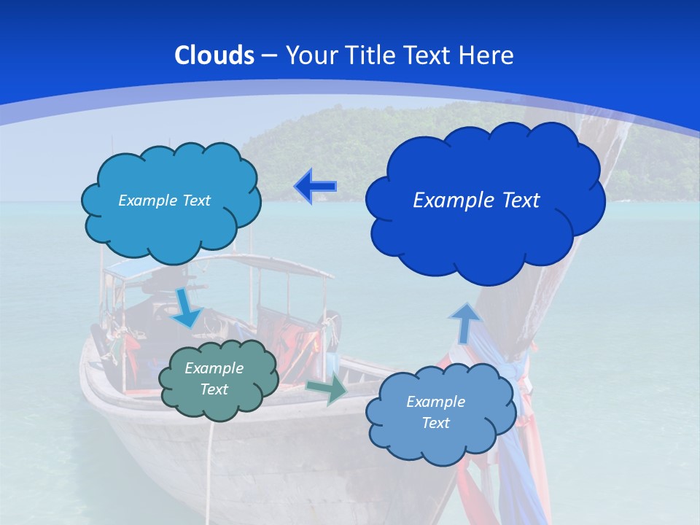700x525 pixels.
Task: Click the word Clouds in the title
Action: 214,55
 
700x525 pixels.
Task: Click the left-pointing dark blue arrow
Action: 315,187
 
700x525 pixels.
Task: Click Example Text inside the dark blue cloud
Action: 476,201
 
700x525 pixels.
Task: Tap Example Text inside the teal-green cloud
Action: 214,378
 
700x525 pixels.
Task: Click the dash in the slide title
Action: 268,55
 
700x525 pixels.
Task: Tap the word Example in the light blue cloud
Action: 435,402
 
